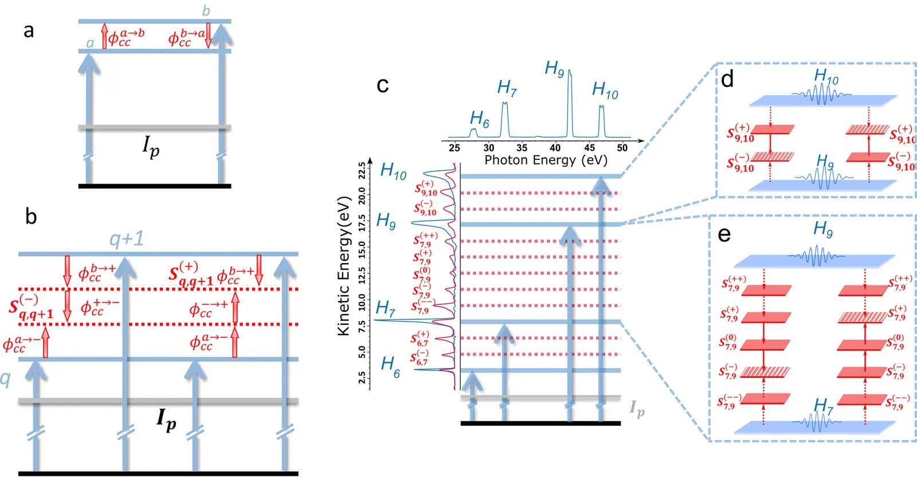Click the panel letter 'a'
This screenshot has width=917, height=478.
(28, 31)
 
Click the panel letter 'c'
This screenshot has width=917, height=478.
(382, 85)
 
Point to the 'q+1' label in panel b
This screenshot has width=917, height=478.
(127, 238)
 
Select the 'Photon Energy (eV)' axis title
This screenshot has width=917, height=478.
(546, 160)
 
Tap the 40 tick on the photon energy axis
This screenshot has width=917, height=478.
(555, 148)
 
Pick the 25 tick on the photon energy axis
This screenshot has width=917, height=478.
(454, 148)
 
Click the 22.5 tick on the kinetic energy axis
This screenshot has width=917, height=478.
(362, 171)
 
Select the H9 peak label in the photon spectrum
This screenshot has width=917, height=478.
(554, 69)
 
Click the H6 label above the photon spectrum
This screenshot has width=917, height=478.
(479, 119)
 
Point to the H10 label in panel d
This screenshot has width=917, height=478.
(826, 76)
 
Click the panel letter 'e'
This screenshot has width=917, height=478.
(724, 234)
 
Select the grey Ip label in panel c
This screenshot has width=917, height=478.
(637, 409)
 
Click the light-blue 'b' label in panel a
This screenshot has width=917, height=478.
(206, 11)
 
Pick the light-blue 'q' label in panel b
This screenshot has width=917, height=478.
(5, 378)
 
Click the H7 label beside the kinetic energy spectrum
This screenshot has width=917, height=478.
(386, 309)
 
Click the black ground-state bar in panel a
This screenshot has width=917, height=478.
(155, 186)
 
